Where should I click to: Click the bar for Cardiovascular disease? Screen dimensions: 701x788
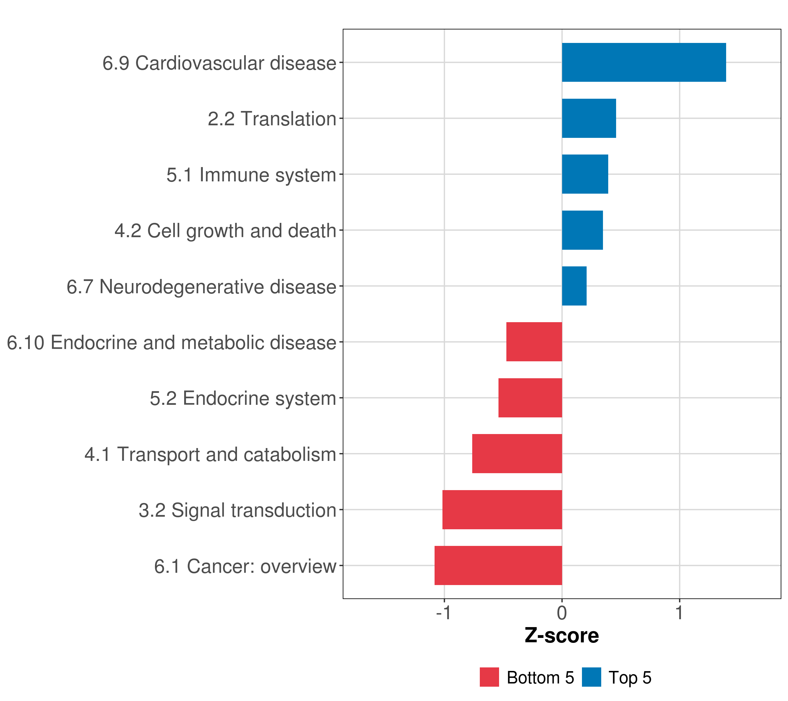tap(644, 63)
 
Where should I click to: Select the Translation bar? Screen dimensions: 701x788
tap(589, 119)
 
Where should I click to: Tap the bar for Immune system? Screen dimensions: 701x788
tap(585, 174)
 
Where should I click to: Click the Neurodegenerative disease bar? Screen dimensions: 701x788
tap(574, 286)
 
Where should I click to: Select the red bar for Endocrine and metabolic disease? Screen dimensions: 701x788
tap(534, 342)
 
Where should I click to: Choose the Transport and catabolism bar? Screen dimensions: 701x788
tap(517, 454)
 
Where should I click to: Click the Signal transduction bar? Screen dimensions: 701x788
tap(502, 510)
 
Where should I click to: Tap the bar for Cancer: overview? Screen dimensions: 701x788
tap(498, 565)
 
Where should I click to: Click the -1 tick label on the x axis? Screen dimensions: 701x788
tap(443, 613)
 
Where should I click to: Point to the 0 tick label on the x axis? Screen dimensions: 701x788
tap(562, 613)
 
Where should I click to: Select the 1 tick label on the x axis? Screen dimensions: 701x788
tap(679, 613)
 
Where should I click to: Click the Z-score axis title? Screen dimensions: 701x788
tap(562, 636)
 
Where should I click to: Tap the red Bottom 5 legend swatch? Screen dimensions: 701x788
tap(489, 677)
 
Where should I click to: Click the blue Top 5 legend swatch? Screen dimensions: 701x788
tap(591, 677)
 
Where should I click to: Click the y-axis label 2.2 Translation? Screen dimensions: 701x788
tap(272, 119)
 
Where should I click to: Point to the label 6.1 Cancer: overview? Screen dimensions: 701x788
tap(245, 566)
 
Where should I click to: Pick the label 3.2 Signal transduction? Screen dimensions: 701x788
tap(238, 510)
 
